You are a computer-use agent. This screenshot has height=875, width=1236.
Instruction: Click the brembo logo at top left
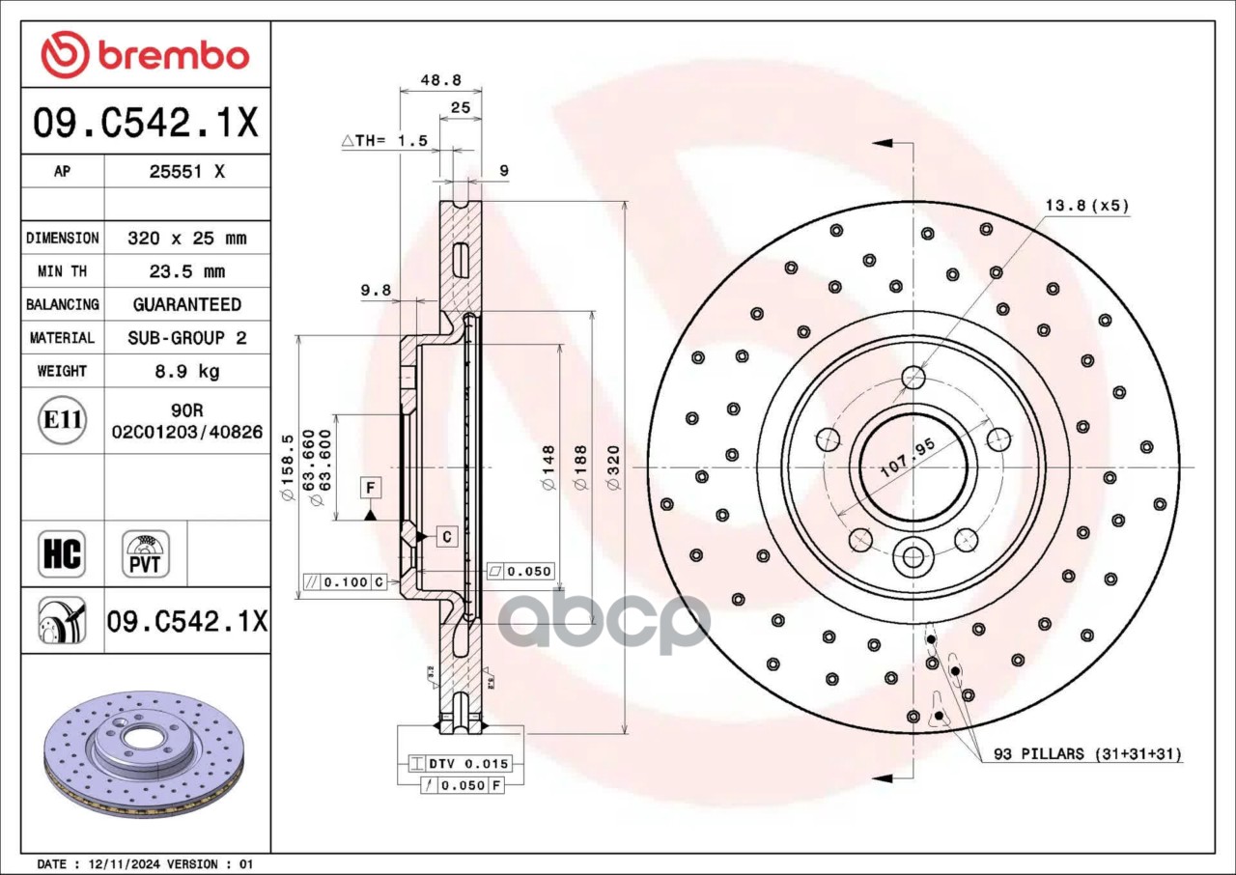pyautogui.click(x=145, y=55)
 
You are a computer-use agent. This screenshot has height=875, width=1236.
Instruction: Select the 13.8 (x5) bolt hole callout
pyautogui.click(x=1086, y=205)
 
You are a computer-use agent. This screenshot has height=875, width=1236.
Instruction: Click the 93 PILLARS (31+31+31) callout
pyautogui.click(x=1087, y=753)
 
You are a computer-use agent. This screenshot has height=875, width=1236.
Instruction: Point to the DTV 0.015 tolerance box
pyautogui.click(x=460, y=764)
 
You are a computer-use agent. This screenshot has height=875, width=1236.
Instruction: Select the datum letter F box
pyautogui.click(x=371, y=488)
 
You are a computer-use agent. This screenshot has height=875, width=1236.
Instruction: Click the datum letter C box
pyautogui.click(x=446, y=536)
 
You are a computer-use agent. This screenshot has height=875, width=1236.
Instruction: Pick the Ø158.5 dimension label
pyautogui.click(x=287, y=467)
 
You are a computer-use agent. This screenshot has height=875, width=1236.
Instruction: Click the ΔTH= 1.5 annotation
pyautogui.click(x=384, y=141)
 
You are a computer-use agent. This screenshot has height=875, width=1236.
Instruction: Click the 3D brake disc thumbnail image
pyautogui.click(x=145, y=753)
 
